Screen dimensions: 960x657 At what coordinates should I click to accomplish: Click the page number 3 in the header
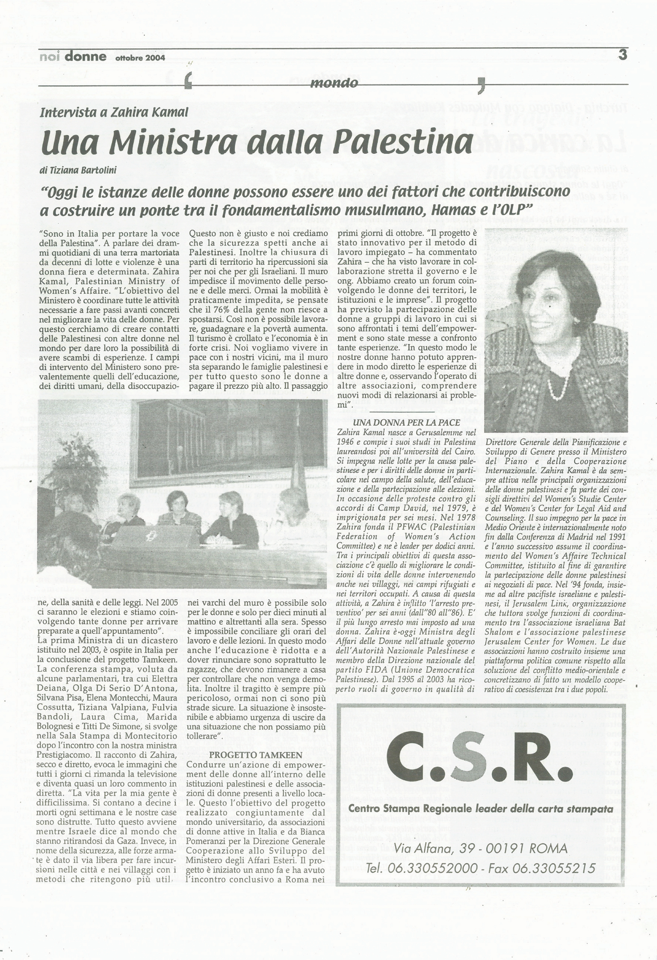pyautogui.click(x=622, y=54)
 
